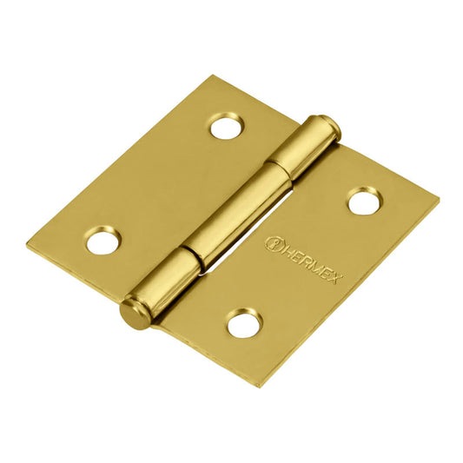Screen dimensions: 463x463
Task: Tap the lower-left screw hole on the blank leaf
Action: [103, 240]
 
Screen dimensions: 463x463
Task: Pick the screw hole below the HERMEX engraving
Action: [244, 324]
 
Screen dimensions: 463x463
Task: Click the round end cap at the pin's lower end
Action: [134, 312]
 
